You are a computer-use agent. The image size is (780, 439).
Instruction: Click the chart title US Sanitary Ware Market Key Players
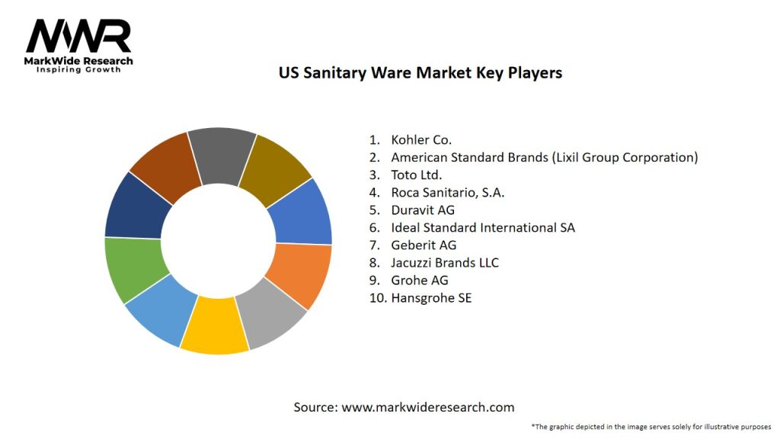pos(420,73)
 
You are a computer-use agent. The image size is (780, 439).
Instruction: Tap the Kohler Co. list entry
pos(421,139)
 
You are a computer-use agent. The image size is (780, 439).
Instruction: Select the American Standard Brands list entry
pos(544,157)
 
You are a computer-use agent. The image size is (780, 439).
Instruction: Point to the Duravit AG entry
pos(422,210)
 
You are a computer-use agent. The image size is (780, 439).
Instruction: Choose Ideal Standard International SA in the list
pos(482,227)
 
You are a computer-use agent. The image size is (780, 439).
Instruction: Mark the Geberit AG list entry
pos(424,245)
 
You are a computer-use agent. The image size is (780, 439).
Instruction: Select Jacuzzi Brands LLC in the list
pos(445,262)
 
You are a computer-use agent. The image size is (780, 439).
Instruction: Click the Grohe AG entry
pos(419,280)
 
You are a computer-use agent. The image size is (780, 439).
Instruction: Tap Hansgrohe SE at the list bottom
pos(431,297)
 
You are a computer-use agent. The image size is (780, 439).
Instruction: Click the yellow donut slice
pos(216,325)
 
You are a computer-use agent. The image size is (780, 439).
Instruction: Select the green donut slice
pos(136,268)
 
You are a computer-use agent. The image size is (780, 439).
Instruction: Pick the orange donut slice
pos(300,274)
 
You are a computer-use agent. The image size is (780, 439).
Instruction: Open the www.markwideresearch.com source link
pos(427,407)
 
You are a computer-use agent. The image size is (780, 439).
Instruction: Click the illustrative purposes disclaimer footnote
pos(651,426)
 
